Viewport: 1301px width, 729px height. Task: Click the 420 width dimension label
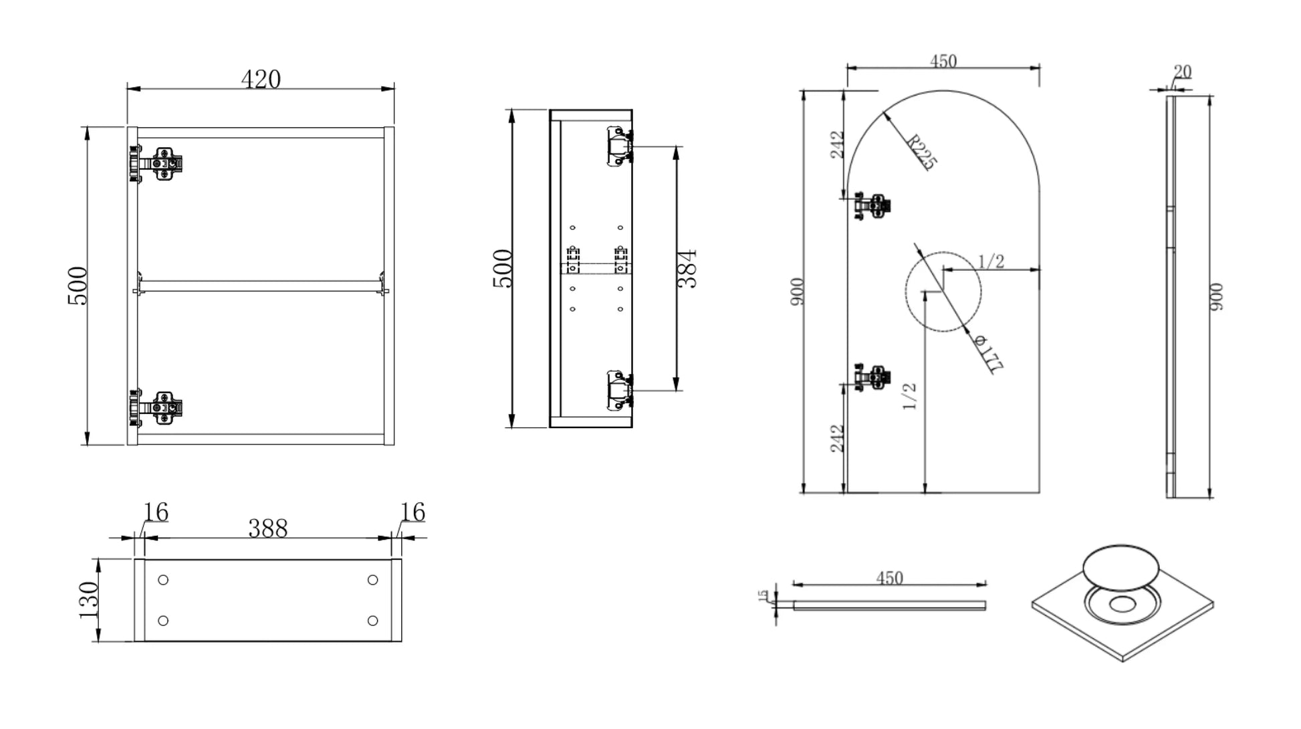261,80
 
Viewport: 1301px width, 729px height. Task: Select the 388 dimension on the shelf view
267,528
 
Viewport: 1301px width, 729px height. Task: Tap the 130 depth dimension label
88,599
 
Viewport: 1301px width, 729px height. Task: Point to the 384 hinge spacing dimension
687,269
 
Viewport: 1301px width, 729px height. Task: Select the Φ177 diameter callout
988,354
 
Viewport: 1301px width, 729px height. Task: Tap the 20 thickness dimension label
1182,72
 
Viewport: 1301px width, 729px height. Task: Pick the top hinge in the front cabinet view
157,164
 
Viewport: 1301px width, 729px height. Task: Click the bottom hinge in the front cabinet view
157,408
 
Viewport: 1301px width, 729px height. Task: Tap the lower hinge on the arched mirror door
872,377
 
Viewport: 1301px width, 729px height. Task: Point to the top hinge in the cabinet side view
619,146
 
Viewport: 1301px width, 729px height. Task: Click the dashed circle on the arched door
943,292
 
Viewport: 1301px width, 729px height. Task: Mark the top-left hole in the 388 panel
163,580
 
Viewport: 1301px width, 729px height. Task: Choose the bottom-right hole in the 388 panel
373,621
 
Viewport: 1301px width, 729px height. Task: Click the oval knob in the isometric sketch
1120,567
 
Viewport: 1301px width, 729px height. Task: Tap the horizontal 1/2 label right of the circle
991,262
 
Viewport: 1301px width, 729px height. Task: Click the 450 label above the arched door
943,62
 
